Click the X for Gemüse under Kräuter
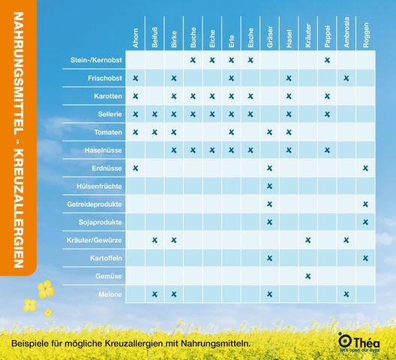[x=308, y=276]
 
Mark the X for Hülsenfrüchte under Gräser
[x=269, y=186]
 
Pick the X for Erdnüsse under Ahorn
[x=136, y=168]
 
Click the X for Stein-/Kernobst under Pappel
[x=327, y=60]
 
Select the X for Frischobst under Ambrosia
[x=346, y=78]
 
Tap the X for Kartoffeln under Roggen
[x=365, y=258]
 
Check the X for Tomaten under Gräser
[x=269, y=132]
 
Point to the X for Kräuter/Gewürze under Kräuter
[x=308, y=240]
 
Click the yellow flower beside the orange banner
[x=46, y=289]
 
